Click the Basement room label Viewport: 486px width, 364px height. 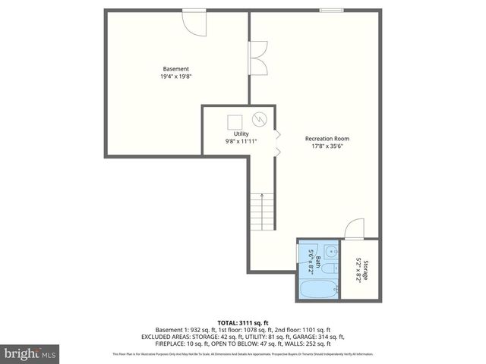tap(175, 69)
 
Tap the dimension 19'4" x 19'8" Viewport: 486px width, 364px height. tap(175, 77)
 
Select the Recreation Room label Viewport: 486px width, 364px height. tap(327, 138)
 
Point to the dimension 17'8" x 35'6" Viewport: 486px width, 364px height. tap(327, 146)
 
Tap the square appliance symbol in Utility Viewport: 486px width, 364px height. tap(235, 120)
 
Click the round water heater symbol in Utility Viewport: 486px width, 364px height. tap(259, 119)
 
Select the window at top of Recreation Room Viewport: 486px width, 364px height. tap(330, 11)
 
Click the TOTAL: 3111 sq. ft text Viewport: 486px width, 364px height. tap(243, 323)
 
